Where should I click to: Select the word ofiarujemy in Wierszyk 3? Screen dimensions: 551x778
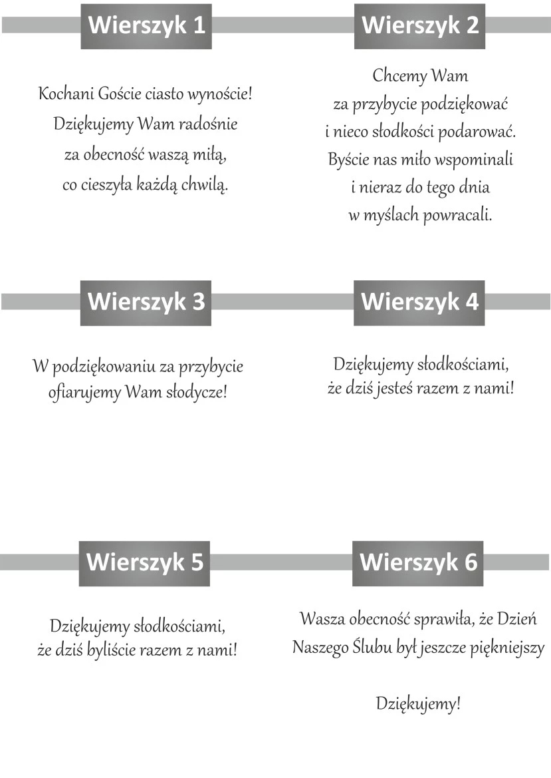[84, 393]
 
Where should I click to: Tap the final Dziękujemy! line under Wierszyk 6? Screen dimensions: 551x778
[418, 703]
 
